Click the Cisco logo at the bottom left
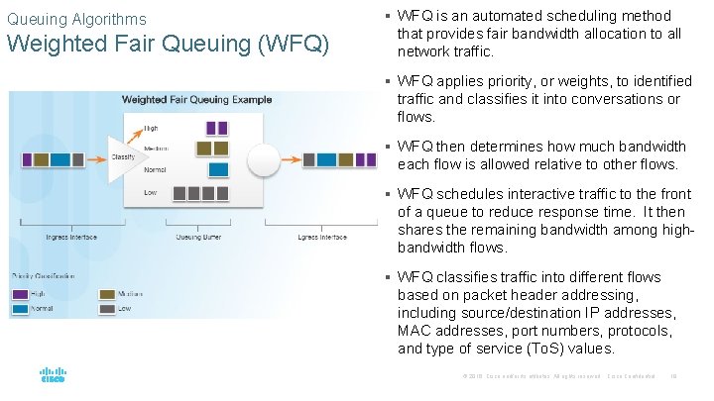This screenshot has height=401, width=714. coord(53,376)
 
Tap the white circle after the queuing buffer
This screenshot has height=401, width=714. coord(267,158)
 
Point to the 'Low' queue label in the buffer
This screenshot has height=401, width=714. coord(149,193)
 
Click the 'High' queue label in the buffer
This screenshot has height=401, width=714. coord(151,128)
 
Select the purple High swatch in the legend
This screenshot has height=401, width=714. coord(21,294)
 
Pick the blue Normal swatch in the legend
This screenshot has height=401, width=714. coord(21,309)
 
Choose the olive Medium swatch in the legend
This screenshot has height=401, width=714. coord(108,294)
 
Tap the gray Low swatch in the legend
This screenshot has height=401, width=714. coord(108,309)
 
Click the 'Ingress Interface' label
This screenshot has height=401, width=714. coord(71,238)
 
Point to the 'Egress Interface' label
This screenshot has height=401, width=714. coord(323,238)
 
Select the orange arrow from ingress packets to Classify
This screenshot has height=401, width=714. coord(95,158)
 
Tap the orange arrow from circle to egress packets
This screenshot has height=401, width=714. coord(291,158)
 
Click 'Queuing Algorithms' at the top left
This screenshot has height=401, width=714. coord(76,19)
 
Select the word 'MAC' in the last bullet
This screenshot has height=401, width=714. coord(415,331)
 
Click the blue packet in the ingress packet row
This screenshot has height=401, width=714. coord(60,158)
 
